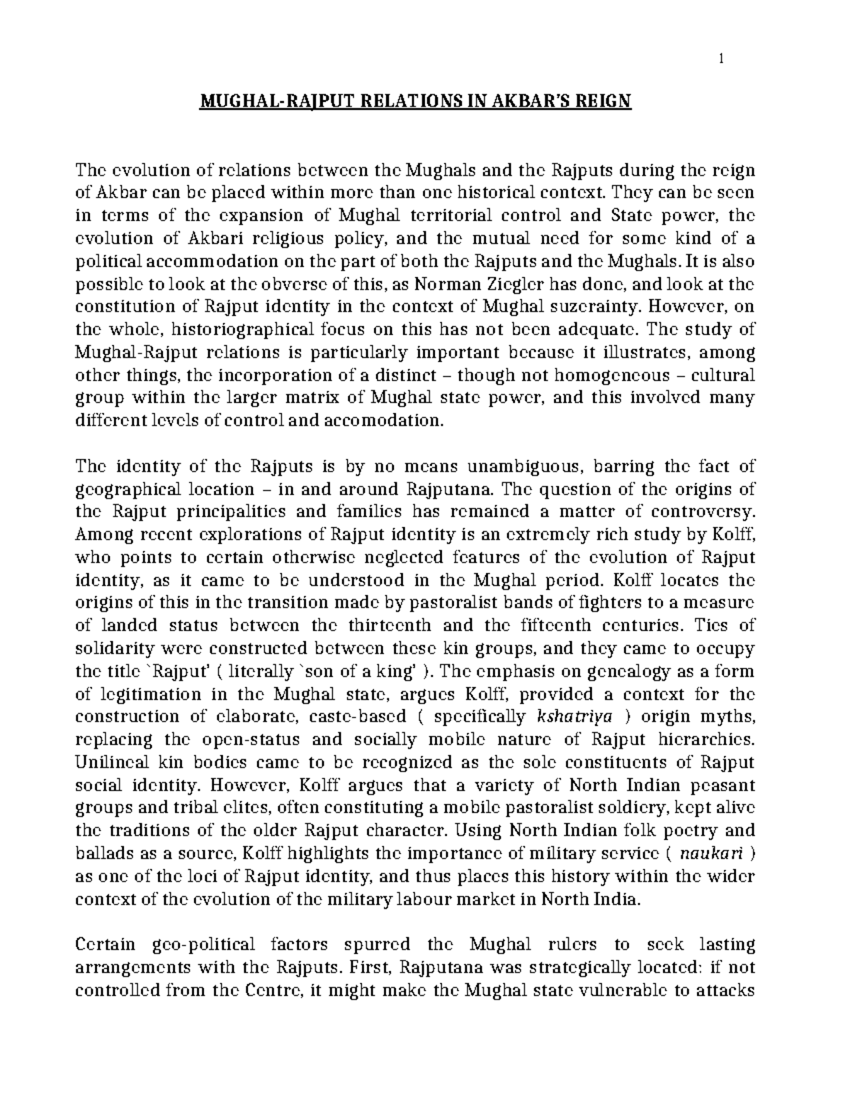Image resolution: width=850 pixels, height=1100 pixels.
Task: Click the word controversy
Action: pyautogui.click(x=702, y=511)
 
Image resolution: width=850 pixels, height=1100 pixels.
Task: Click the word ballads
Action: pyautogui.click(x=98, y=853)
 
